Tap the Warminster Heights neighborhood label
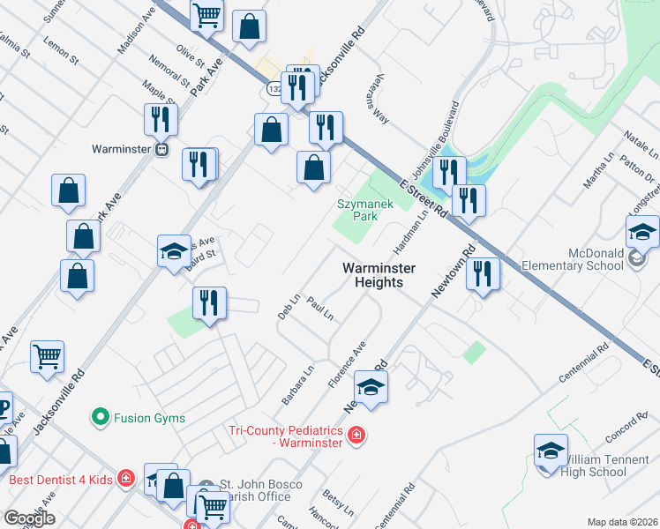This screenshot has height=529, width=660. pos(373,275)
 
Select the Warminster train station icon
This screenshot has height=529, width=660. pos(161,149)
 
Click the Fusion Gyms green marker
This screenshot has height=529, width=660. pos(101,415)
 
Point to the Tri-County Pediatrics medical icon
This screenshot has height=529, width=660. pos(356,435)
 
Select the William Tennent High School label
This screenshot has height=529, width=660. pos(594,466)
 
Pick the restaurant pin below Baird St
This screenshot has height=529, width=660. pos(209,303)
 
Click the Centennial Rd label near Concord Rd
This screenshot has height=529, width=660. pos(583,363)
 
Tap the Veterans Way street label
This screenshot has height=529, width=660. pos(381,92)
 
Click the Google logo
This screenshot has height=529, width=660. pos(29,518)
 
